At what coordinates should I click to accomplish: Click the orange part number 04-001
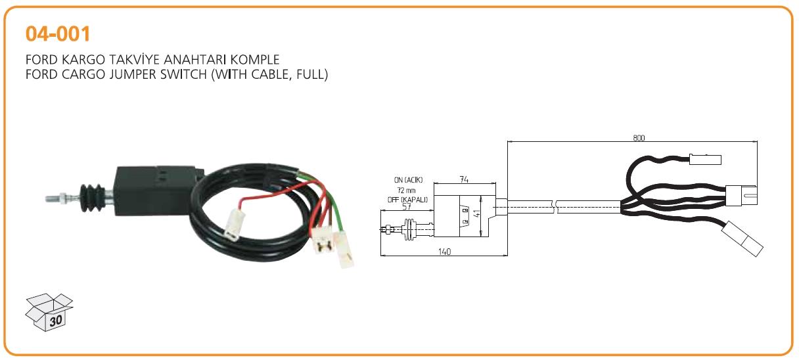[58, 34]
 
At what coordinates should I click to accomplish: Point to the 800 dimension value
[639, 138]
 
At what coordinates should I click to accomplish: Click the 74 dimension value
[464, 179]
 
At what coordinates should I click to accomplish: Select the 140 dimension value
[444, 252]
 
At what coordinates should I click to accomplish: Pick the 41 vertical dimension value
[476, 214]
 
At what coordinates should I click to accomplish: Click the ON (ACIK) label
[408, 180]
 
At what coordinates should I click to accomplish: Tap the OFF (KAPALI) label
[407, 200]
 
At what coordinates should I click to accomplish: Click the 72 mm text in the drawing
[406, 190]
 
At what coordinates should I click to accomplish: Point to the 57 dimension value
[407, 206]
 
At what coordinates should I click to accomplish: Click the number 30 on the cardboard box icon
[56, 321]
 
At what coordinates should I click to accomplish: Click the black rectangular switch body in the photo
[157, 191]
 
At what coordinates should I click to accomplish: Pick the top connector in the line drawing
[705, 160]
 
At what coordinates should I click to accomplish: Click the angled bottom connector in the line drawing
[742, 238]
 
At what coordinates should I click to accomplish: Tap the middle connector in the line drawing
[741, 196]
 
